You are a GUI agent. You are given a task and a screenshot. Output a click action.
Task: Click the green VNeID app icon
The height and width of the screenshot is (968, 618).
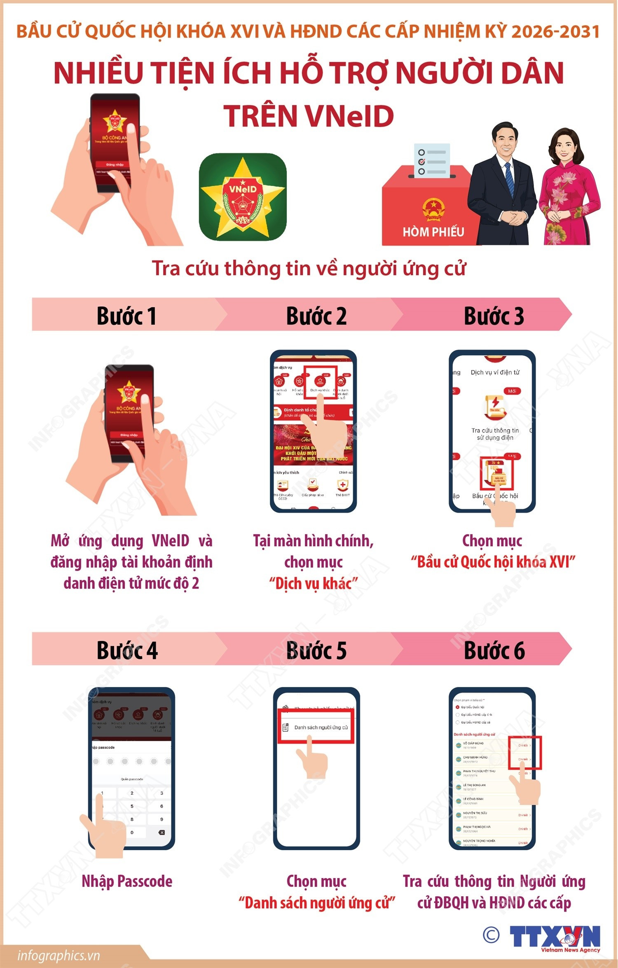243,197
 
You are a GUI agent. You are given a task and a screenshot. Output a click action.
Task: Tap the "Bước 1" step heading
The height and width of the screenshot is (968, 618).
126,316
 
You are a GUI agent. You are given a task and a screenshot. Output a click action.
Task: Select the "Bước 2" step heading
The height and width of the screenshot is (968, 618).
316,316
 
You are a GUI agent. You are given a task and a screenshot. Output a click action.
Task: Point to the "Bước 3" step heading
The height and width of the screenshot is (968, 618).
494,316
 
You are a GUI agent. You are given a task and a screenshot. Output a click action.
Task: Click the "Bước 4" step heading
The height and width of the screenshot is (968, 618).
127,651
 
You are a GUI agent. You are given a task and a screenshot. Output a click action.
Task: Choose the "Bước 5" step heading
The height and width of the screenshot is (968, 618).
316,651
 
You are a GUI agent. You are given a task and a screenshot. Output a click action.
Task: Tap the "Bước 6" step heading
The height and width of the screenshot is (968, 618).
494,651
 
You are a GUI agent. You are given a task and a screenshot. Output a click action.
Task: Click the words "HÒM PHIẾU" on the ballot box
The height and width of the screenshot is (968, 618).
433,232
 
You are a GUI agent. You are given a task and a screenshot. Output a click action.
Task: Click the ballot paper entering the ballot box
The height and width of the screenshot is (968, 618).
432,160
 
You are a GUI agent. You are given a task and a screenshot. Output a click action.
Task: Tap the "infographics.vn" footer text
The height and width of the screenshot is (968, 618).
59,955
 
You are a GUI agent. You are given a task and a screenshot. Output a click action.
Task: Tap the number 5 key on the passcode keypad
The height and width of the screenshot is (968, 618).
132,806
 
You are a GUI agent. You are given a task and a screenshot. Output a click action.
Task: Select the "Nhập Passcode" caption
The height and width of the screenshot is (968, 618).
127,881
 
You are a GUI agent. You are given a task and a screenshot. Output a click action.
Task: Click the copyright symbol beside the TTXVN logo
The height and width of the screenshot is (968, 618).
491,935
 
